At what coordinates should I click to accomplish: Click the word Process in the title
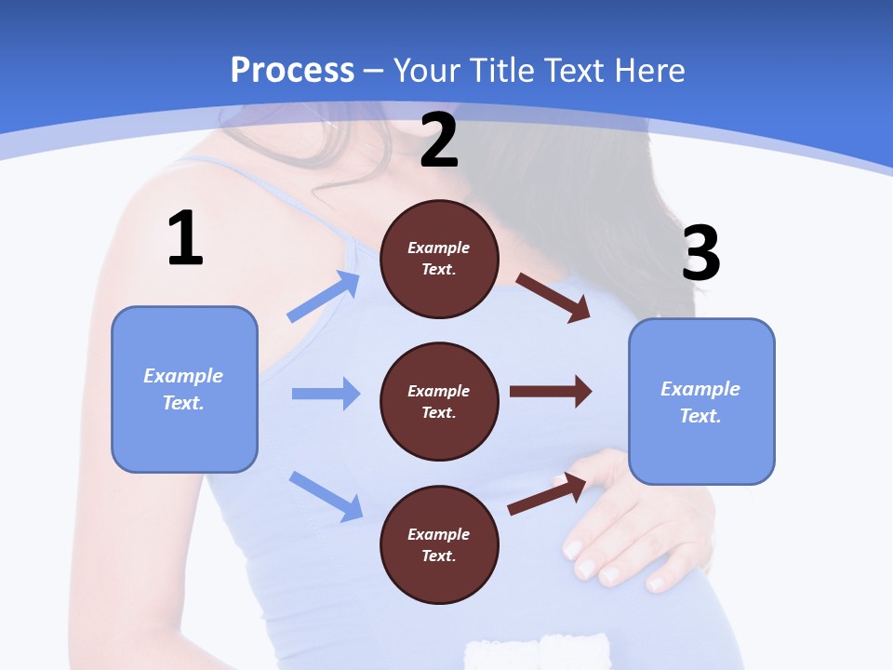point(292,71)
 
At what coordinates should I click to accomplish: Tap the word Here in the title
point(649,71)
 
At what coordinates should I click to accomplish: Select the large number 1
point(185,239)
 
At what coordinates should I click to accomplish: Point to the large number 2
point(439,141)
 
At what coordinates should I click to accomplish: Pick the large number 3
point(700,253)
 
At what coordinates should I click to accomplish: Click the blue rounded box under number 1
point(184,389)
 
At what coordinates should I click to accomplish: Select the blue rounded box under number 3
point(701,401)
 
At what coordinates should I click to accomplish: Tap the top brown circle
point(439,259)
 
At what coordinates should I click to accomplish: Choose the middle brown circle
point(439,402)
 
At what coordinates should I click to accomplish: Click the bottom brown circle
point(439,544)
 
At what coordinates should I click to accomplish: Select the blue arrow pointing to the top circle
point(324,297)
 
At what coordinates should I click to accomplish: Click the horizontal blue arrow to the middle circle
point(326,394)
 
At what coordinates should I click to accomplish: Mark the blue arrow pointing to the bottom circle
point(326,495)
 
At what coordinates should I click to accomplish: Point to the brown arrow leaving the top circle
point(553,298)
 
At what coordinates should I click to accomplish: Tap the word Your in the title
point(424,71)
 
